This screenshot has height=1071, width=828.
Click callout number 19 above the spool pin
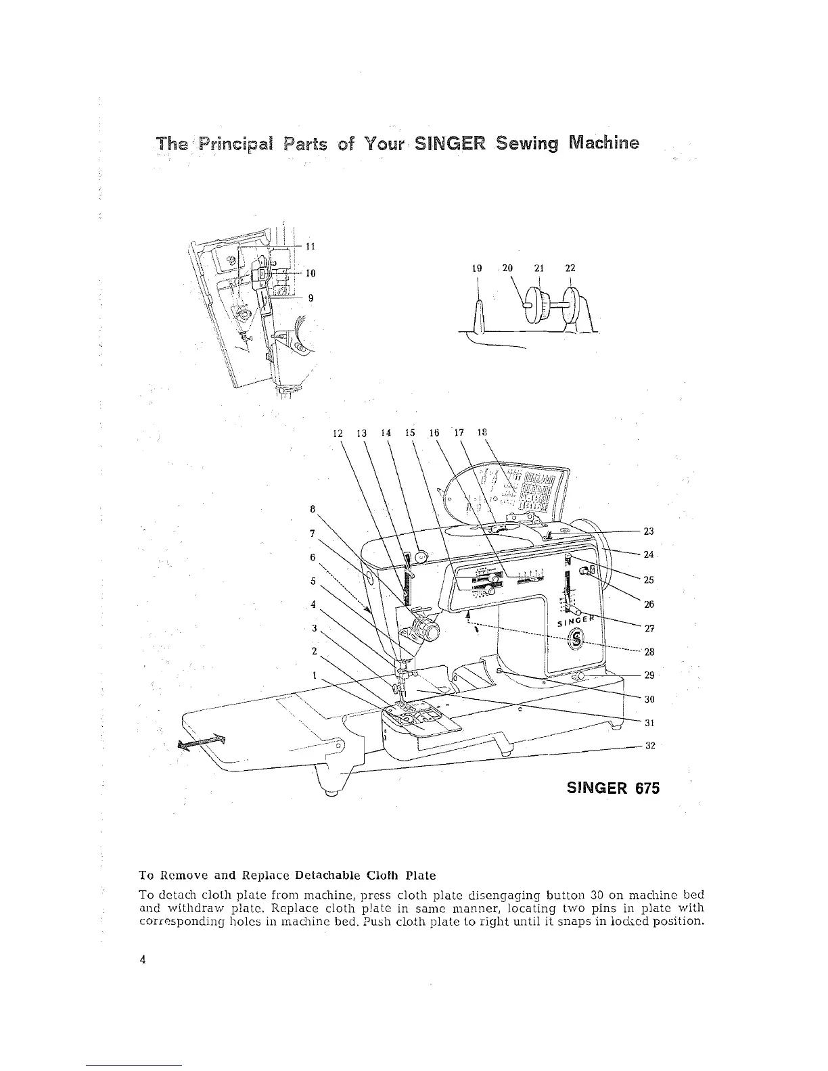(x=477, y=268)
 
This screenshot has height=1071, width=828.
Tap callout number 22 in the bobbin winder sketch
(x=570, y=268)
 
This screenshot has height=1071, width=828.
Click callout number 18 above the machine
(x=482, y=433)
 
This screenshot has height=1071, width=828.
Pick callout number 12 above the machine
(x=339, y=433)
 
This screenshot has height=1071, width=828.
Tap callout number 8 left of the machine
(x=312, y=508)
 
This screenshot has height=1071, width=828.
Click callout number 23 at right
(x=649, y=531)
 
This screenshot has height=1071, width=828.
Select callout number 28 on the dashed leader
(x=649, y=652)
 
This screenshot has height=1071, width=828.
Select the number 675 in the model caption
(x=645, y=788)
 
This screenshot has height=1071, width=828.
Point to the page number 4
(x=143, y=959)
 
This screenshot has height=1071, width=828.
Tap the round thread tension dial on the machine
(x=428, y=632)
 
